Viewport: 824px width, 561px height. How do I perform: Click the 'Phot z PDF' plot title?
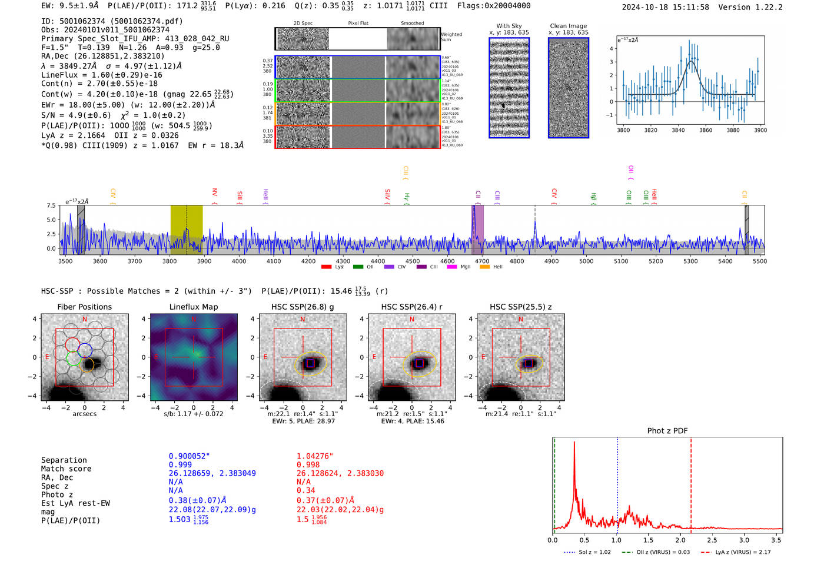[x=667, y=431]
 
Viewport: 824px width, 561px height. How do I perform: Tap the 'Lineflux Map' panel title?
[x=194, y=307]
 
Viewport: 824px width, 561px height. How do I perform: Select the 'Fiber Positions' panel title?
[x=84, y=307]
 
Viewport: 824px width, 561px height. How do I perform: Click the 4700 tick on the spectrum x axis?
[x=482, y=261]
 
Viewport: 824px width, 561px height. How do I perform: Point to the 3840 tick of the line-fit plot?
[x=678, y=130]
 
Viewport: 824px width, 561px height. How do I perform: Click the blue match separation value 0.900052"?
[x=189, y=456]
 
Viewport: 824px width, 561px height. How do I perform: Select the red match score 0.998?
[x=308, y=465]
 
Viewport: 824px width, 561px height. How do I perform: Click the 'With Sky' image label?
[x=509, y=26]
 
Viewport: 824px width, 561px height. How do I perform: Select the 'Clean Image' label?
[x=568, y=26]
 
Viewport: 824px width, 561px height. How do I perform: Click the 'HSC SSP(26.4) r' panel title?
[x=411, y=307]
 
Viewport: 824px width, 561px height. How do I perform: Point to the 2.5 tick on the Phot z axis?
[x=712, y=540]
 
